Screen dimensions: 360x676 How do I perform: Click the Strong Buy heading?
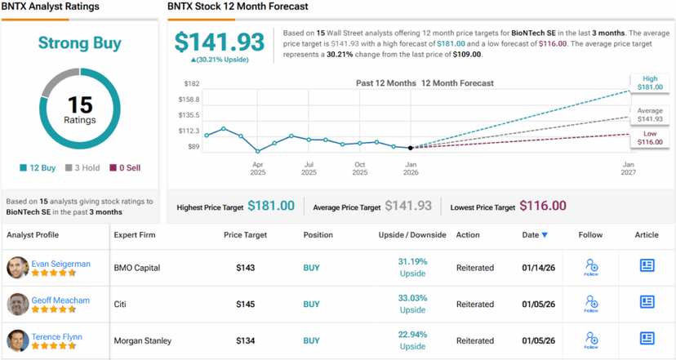(80, 44)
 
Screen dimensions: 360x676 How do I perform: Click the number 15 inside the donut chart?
(80, 104)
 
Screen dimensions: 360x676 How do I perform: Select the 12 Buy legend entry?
(38, 167)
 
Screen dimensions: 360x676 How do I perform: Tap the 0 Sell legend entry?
(124, 167)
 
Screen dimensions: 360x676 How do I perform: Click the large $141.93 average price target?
(219, 42)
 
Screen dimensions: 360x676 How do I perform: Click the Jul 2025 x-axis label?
(309, 168)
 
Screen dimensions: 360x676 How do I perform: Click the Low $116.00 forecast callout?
(646, 137)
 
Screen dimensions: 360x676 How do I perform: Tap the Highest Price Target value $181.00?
(271, 207)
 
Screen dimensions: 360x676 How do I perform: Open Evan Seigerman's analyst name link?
(61, 264)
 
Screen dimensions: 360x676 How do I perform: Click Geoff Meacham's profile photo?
(18, 304)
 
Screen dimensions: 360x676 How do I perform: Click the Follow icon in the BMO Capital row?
(591, 266)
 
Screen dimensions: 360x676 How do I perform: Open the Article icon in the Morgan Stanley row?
(647, 339)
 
